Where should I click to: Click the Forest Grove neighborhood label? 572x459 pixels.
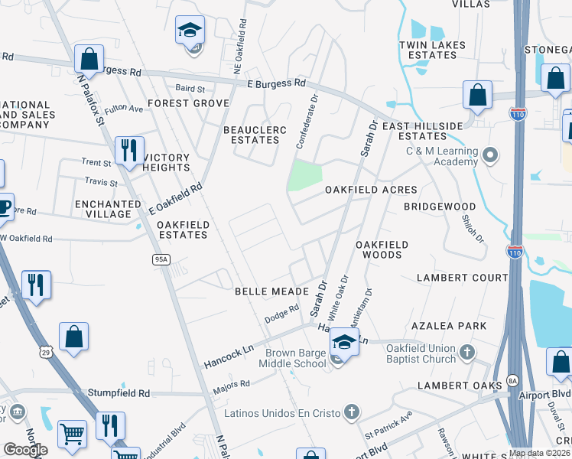click(189, 103)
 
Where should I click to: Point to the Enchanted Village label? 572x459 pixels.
click(108, 210)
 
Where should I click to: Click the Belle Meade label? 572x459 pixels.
click(271, 291)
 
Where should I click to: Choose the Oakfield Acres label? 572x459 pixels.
click(371, 190)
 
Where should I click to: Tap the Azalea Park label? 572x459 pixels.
click(449, 326)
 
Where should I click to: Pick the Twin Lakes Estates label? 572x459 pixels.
click(432, 50)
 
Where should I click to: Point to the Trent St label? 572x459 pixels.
click(96, 162)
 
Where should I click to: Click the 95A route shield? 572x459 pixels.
click(161, 260)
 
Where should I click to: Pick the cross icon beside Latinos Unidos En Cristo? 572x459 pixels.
click(351, 413)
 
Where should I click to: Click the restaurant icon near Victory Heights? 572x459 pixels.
click(129, 149)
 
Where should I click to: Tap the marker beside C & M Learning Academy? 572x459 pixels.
click(490, 156)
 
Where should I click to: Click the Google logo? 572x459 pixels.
click(25, 450)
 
